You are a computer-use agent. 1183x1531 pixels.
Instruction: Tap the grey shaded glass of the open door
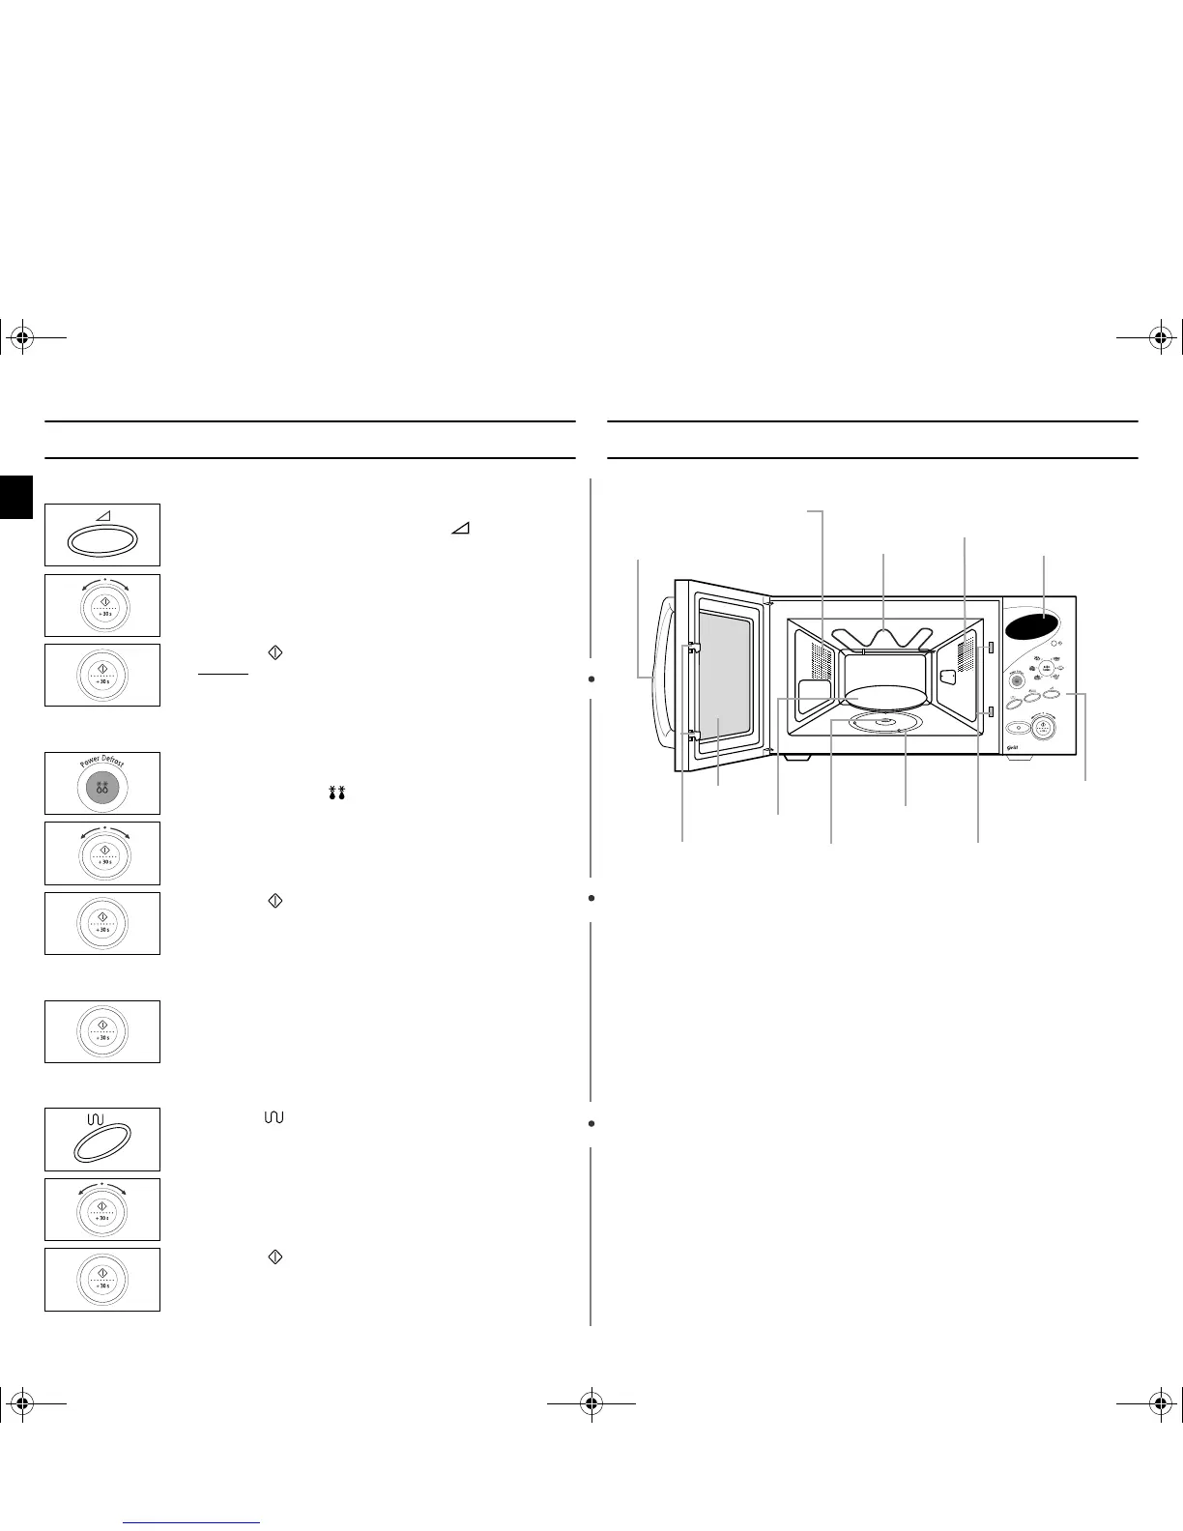tap(720, 677)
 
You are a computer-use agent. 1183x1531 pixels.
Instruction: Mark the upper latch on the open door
tap(693, 649)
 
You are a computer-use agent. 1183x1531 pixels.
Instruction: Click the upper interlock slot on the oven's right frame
tap(991, 647)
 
